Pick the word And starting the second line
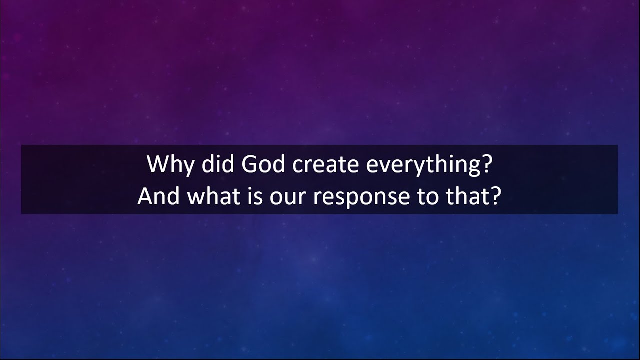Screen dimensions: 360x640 pyautogui.click(x=158, y=197)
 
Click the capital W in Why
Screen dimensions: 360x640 pyautogui.click(x=156, y=164)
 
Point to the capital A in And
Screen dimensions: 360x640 pyautogui.click(x=145, y=197)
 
